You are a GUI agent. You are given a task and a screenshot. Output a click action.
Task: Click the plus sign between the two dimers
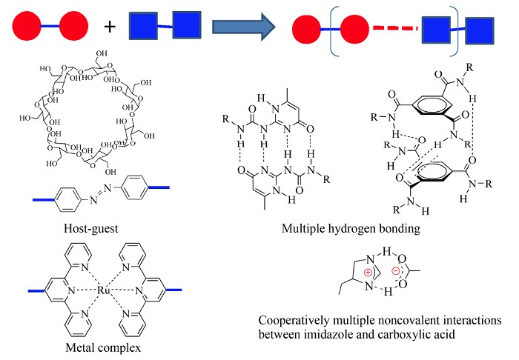point(110,27)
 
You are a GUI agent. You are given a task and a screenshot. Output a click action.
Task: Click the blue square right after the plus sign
point(144,27)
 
